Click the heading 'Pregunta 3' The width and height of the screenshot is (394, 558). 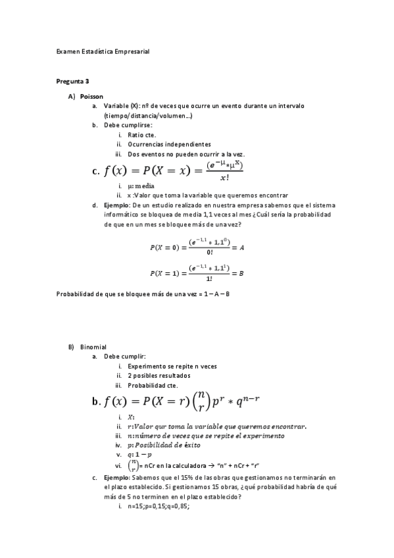click(x=72, y=81)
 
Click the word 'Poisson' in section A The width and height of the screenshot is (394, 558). click(x=91, y=96)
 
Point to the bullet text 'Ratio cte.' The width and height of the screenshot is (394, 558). click(x=141, y=134)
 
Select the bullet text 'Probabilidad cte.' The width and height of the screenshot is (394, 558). click(x=152, y=386)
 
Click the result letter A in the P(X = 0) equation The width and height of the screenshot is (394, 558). click(x=243, y=247)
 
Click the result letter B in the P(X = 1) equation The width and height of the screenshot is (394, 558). click(x=242, y=272)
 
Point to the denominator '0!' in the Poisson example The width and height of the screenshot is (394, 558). click(x=210, y=253)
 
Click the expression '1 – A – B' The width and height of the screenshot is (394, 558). click(x=216, y=293)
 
